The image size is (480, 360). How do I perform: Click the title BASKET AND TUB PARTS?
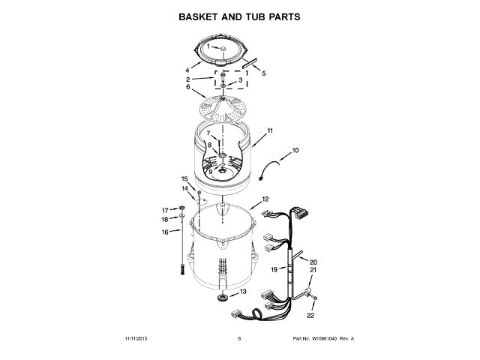239,16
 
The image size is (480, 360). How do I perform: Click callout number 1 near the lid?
209,47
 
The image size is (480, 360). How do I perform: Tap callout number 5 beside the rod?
263,73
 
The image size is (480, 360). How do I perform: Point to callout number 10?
295,150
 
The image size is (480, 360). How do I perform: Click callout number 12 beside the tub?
265,199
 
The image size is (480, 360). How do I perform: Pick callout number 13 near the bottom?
242,290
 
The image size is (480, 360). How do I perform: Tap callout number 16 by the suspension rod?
166,232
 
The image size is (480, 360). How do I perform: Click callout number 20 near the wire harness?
313,262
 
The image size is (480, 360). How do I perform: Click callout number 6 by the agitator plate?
188,87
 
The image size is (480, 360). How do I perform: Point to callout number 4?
187,70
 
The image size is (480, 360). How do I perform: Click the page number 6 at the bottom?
239,339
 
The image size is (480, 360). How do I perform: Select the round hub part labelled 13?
222,299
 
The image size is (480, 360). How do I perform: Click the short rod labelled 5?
249,64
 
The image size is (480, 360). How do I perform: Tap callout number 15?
184,178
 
